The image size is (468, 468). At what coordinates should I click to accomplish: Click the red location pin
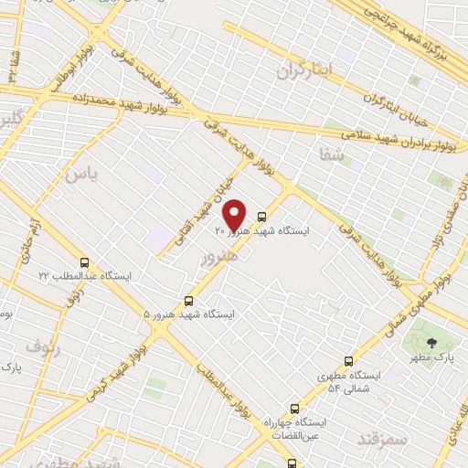[235, 216]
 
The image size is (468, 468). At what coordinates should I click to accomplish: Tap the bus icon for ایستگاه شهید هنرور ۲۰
[263, 217]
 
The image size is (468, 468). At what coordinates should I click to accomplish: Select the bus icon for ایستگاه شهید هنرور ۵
[189, 300]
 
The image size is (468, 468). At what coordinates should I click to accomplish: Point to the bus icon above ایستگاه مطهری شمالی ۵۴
[348, 361]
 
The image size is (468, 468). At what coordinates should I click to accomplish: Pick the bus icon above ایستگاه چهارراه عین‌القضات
[293, 409]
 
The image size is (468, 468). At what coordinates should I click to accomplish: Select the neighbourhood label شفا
[330, 155]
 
